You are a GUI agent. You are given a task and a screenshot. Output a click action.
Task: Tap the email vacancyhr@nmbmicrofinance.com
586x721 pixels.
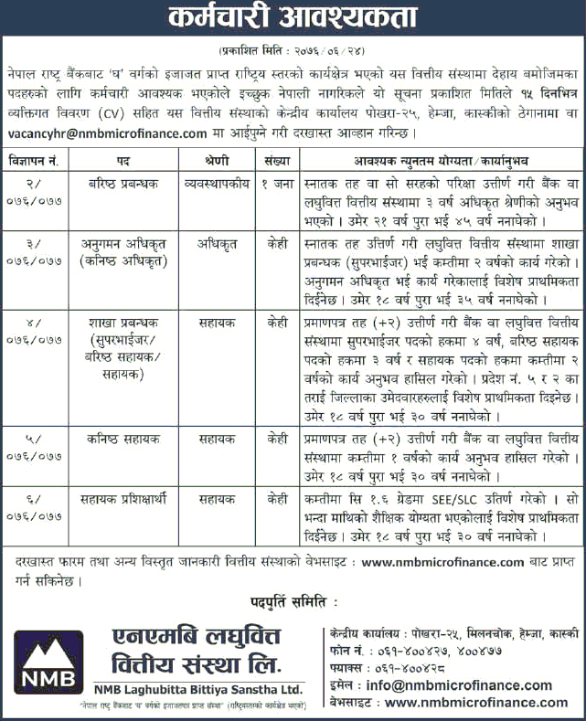(x=108, y=133)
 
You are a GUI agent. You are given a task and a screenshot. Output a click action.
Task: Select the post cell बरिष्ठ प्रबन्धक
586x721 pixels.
(x=120, y=182)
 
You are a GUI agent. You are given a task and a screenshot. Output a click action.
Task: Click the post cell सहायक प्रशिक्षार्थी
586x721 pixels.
(x=120, y=500)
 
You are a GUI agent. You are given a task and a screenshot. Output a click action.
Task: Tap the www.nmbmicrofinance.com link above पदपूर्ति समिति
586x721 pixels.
(x=442, y=561)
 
